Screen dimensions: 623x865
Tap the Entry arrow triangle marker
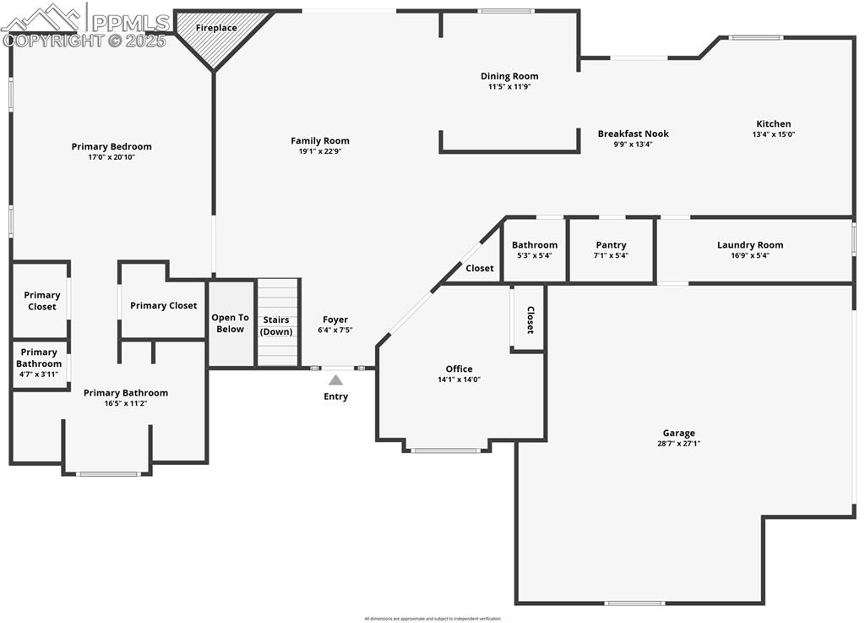[x=336, y=380]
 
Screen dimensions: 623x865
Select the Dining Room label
[x=509, y=76]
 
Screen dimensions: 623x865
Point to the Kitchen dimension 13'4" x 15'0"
[x=774, y=134]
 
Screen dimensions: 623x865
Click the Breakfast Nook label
[x=633, y=134]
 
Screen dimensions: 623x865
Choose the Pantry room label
[x=611, y=245]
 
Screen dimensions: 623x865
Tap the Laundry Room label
[x=750, y=245]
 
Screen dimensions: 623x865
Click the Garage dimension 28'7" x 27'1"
[x=679, y=444]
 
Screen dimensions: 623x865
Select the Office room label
[x=460, y=369]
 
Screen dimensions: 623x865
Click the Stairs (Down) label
[x=276, y=325]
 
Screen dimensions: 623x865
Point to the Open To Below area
[x=230, y=323]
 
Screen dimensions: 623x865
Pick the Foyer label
[x=335, y=320]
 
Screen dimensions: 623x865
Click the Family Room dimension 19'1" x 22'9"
[x=320, y=151]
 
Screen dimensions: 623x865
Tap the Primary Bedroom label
[x=112, y=146]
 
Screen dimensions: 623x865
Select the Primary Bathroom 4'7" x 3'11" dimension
[x=39, y=374]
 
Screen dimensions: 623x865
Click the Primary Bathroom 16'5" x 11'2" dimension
[x=126, y=403]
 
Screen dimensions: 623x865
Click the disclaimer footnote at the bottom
[x=432, y=619]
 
